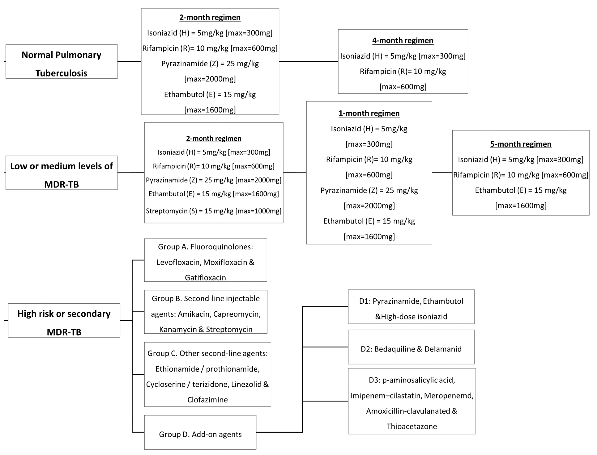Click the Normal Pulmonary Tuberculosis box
(x=62, y=62)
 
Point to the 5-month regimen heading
(x=521, y=144)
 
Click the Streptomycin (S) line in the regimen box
(x=213, y=211)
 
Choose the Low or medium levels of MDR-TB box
(x=62, y=173)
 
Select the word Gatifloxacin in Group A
(x=205, y=278)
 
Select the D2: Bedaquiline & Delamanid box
(x=411, y=349)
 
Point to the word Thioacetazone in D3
(x=412, y=427)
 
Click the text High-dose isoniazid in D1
(x=414, y=317)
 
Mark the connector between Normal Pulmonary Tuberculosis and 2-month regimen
(x=129, y=61)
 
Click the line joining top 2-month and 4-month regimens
(x=308, y=61)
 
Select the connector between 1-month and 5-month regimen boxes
(x=442, y=173)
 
